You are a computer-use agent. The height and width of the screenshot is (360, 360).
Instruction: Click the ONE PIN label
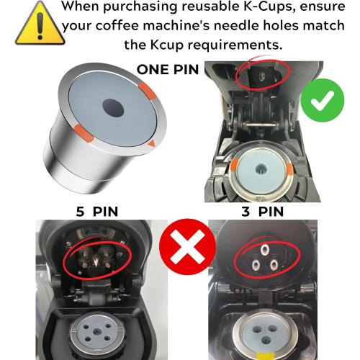coord(169,71)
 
